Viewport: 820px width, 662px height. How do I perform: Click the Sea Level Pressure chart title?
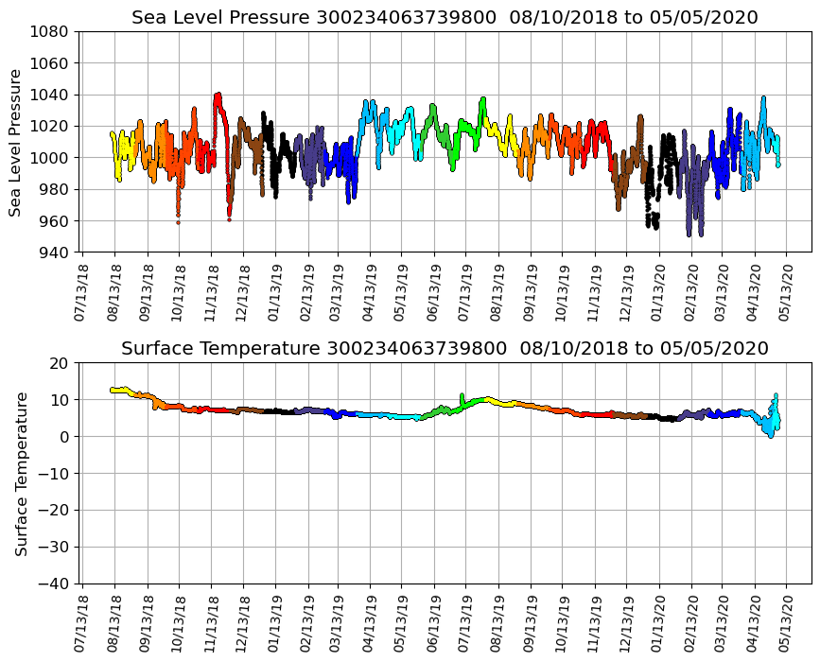click(445, 17)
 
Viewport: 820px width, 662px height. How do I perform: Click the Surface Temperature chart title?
click(445, 348)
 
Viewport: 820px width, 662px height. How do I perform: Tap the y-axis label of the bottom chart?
click(20, 473)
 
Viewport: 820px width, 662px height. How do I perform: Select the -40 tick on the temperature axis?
click(54, 584)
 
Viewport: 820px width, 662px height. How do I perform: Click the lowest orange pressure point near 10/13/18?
click(178, 221)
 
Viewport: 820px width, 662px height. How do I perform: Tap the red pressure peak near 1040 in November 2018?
click(218, 95)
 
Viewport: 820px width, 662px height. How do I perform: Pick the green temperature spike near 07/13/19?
click(462, 395)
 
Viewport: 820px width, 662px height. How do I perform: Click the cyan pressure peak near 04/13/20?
click(763, 97)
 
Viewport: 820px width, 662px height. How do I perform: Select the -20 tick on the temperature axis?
click(54, 511)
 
